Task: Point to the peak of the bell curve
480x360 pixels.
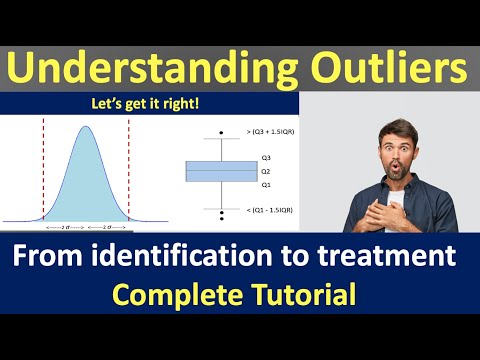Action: pos(87,126)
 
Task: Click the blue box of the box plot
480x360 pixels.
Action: pos(214,171)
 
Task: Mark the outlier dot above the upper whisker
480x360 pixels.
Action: pos(214,133)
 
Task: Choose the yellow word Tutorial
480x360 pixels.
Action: pos(306,295)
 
